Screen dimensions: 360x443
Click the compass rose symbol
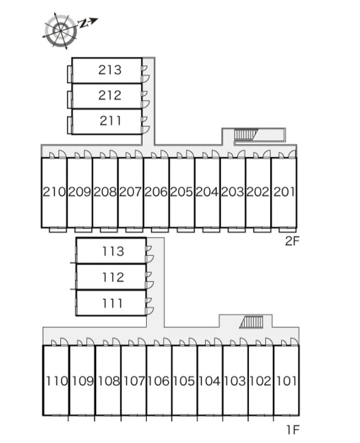[60, 30]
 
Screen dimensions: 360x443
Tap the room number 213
[110, 70]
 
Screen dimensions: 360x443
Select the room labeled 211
[110, 121]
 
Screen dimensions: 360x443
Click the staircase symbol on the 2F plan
[245, 134]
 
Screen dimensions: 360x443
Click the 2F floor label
[292, 241]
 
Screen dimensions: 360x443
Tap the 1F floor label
[293, 430]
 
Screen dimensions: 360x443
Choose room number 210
[54, 192]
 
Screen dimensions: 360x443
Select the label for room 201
[284, 192]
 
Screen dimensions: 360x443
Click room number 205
[182, 192]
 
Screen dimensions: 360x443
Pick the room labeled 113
[112, 251]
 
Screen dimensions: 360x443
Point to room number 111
[112, 303]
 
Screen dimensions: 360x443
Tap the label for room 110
[57, 381]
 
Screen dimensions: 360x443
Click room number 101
[286, 381]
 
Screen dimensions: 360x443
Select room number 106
[158, 381]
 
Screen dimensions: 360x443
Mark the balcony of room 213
[69, 74]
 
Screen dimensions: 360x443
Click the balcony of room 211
[69, 125]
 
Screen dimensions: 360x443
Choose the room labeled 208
[105, 192]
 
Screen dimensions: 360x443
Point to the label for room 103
[235, 381]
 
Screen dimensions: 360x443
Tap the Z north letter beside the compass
[83, 24]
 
